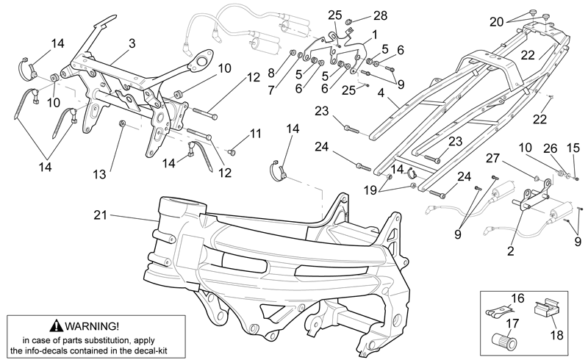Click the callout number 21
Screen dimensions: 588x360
coord(100,215)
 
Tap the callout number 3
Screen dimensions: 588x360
coord(132,43)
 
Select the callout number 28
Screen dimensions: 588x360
coord(380,15)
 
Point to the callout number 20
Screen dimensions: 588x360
coord(496,22)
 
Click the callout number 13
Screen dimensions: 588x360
coord(100,174)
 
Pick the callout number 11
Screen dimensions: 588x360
coord(255,134)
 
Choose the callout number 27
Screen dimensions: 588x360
coord(492,158)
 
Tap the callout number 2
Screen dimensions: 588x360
coord(510,251)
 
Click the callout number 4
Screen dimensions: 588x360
coord(381,93)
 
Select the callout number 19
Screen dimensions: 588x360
coord(370,190)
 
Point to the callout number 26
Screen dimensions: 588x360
coord(551,148)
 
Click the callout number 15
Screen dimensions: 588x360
coord(573,148)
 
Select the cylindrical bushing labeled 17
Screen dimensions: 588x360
coord(503,340)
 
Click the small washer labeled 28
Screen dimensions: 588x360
coord(348,21)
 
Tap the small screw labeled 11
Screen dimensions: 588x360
coord(231,152)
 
